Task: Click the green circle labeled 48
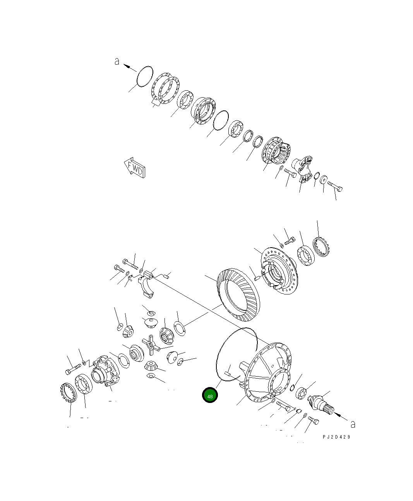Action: coord(210,396)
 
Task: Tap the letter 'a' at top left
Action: coord(117,61)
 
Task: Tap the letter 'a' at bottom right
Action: coord(353,424)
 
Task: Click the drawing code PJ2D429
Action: coord(336,437)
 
